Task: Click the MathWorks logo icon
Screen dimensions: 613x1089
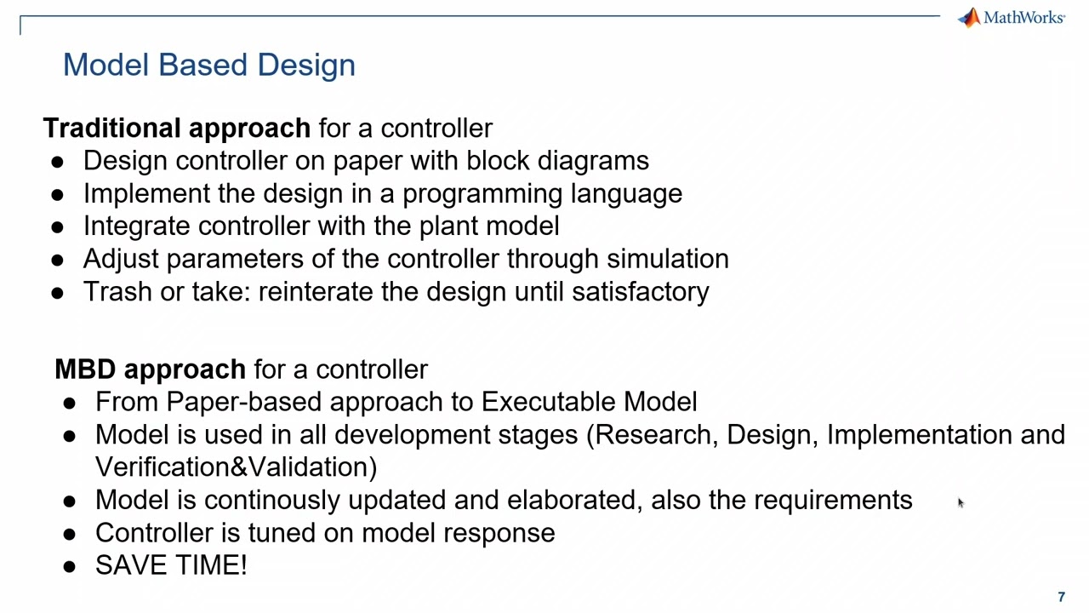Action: (x=969, y=18)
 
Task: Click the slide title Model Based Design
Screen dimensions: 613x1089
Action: (x=208, y=65)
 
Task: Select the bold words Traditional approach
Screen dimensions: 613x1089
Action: (x=176, y=128)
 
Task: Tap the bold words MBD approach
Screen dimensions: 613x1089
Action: (x=150, y=370)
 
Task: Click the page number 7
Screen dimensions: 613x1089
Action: (x=1061, y=598)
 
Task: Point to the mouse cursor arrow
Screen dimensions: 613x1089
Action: (x=960, y=503)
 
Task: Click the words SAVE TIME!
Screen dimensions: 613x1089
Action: (x=171, y=565)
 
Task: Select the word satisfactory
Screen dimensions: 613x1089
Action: (x=640, y=292)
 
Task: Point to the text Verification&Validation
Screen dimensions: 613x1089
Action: (x=236, y=467)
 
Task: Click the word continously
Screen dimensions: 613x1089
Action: (x=272, y=501)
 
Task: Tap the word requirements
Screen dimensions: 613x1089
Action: (x=833, y=501)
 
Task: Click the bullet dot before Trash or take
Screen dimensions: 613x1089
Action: (x=57, y=292)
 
